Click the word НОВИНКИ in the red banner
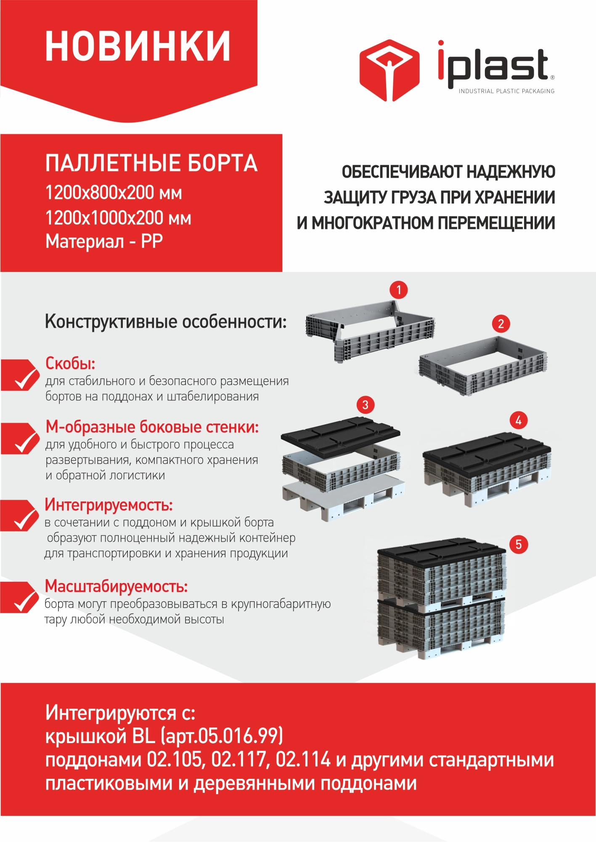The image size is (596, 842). (138, 46)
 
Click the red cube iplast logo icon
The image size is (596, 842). (389, 70)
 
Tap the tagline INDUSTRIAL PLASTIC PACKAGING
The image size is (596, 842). (506, 91)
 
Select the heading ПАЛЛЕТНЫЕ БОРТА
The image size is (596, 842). (151, 163)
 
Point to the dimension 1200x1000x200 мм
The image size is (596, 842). (118, 218)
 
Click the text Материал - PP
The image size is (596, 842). (104, 242)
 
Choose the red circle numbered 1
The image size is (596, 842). (398, 290)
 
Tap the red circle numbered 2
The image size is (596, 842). (501, 324)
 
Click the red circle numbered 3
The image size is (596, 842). (365, 405)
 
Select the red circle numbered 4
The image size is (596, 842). (518, 420)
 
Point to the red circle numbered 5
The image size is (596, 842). (518, 544)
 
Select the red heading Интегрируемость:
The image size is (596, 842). (109, 505)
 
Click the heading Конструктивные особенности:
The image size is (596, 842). (166, 322)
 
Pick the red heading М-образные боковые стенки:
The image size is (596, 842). (152, 427)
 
